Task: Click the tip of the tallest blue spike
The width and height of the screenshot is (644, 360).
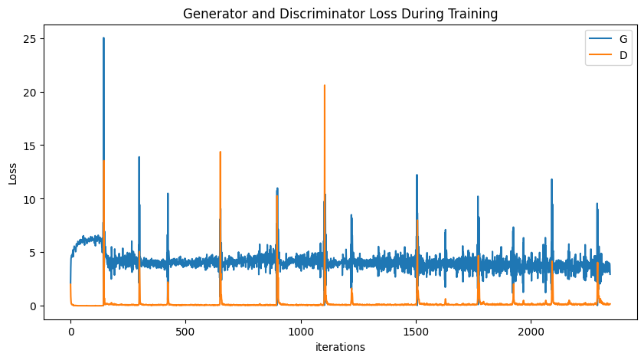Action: coord(103,38)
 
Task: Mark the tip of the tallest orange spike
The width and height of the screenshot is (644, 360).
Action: coord(324,85)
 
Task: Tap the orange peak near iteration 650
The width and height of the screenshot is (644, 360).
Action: coord(220,152)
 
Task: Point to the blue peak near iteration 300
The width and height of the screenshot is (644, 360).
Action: coord(139,157)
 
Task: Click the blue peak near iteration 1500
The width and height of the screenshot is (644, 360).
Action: coord(417,175)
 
